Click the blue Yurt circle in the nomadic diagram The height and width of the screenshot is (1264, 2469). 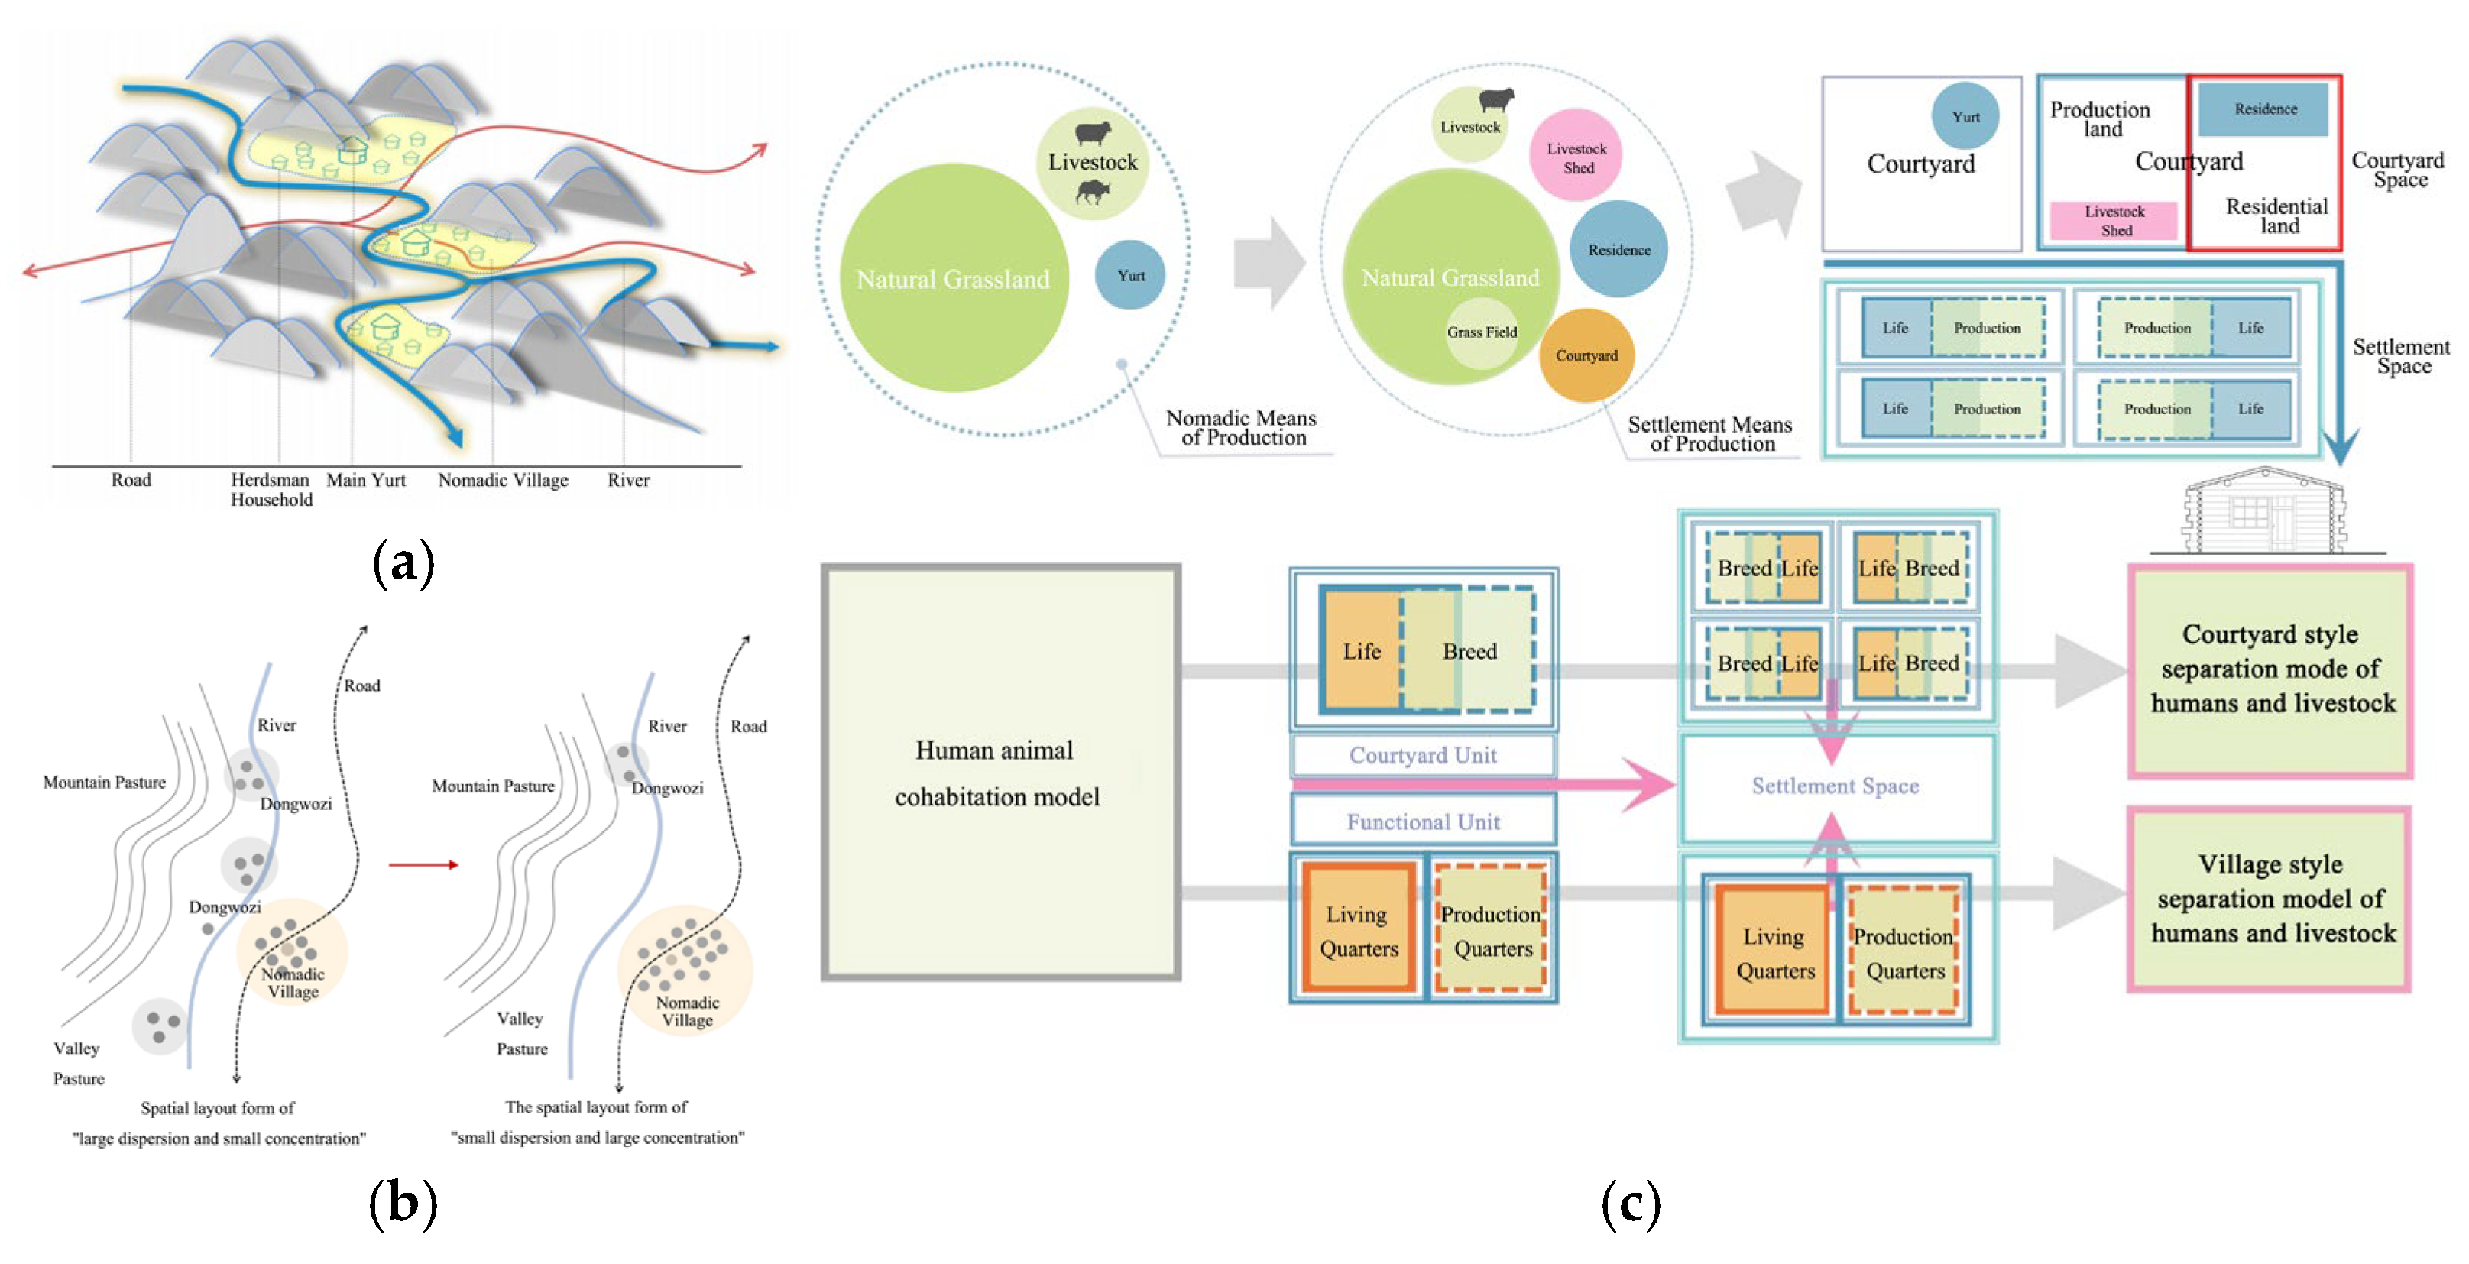(1130, 275)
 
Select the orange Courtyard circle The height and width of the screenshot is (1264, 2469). (1586, 355)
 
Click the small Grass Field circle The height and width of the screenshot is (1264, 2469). (1482, 332)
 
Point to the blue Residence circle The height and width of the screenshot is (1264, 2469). (1618, 249)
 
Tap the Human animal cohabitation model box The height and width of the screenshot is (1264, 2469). (1000, 773)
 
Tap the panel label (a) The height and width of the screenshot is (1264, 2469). (403, 562)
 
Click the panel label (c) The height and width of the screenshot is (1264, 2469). (1631, 1204)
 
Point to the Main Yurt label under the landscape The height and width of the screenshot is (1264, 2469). (366, 480)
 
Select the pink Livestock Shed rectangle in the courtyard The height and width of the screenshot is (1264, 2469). (2114, 220)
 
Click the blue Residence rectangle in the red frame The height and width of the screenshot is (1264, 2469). (2264, 109)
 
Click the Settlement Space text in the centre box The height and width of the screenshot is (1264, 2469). (1835, 786)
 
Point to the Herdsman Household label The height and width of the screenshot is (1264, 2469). (271, 489)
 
